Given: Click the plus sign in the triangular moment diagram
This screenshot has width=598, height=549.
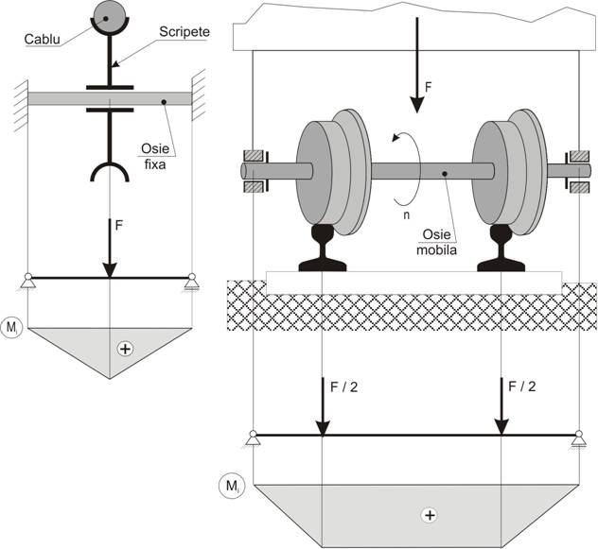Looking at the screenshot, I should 124,349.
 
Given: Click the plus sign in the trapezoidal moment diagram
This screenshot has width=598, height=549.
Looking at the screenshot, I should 431,515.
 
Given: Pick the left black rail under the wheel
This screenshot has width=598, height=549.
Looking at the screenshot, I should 325,249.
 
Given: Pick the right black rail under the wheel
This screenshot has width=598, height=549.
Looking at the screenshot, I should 501,249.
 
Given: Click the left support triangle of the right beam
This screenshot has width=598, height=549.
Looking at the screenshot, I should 254,437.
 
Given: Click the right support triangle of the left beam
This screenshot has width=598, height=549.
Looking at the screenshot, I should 192,279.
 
